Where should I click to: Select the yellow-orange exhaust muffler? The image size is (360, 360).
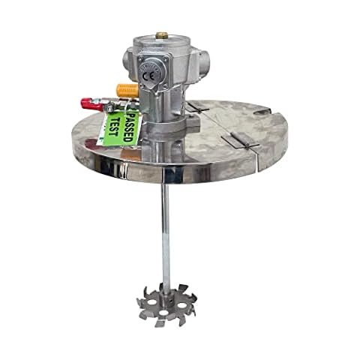pos(127,91)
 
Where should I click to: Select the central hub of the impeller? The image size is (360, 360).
pos(166,298)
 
